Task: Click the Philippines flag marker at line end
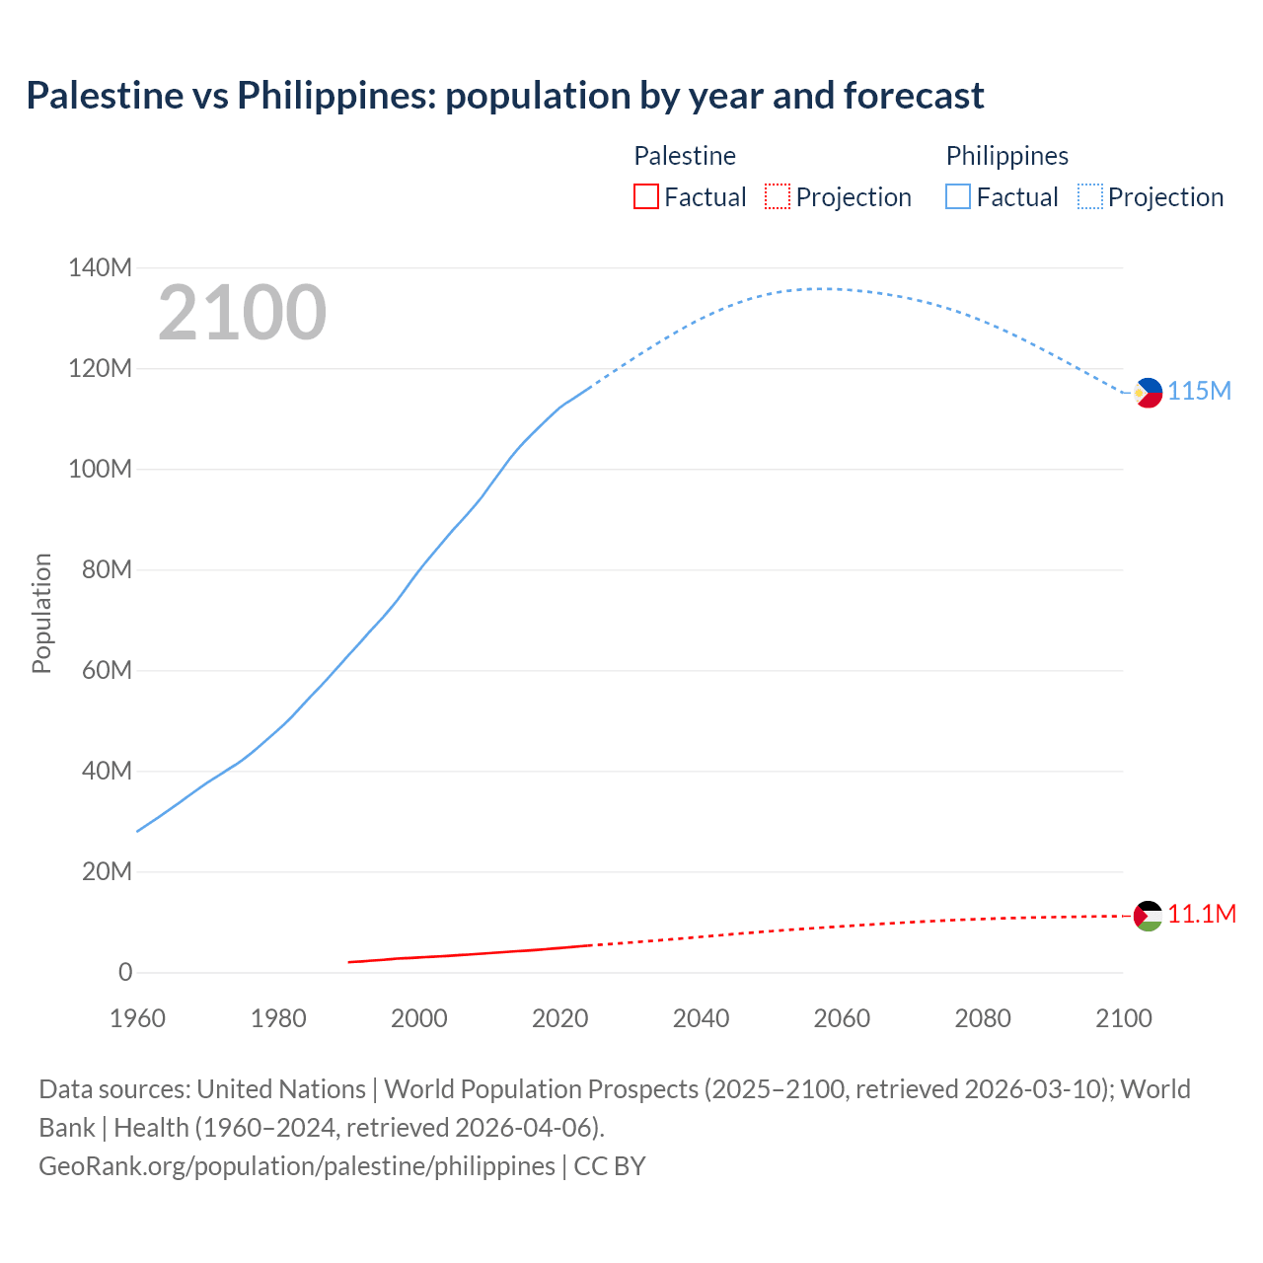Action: [1148, 393]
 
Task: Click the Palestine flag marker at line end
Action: [1148, 916]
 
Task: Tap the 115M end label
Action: [1199, 392]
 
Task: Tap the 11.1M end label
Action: [1202, 915]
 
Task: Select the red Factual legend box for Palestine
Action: [645, 197]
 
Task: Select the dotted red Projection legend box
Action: [778, 197]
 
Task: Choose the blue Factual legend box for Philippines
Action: [957, 197]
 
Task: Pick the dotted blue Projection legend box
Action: [1089, 197]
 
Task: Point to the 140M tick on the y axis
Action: [100, 268]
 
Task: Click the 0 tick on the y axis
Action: [125, 973]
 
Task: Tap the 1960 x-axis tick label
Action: [137, 1018]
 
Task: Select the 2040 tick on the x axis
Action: [701, 1018]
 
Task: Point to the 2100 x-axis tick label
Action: [1123, 1018]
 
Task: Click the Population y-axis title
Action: [41, 613]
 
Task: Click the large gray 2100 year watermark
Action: [242, 313]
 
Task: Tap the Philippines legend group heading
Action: [1006, 156]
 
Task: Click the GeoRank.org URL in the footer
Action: [297, 1166]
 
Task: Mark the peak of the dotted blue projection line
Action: [819, 289]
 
